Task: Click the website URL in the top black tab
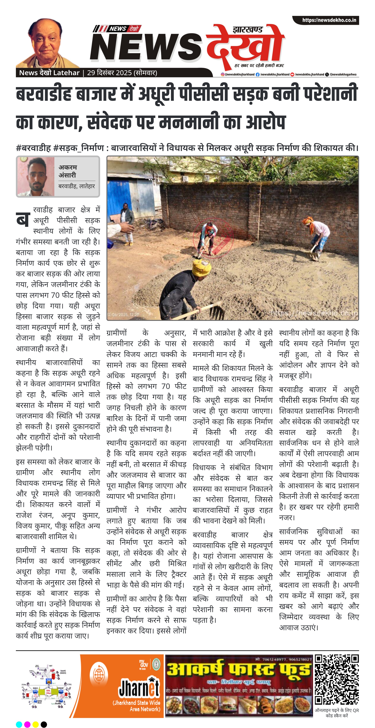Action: point(329,20)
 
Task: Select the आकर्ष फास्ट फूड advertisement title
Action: point(238,670)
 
